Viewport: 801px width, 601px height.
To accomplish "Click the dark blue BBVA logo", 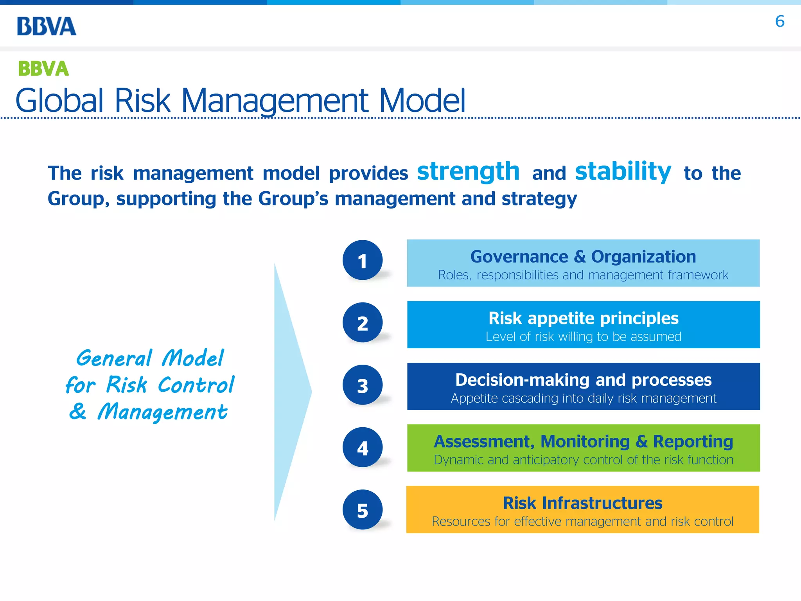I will click(x=47, y=26).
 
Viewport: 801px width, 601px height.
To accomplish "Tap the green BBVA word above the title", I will click(x=43, y=69).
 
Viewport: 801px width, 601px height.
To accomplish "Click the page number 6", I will click(x=779, y=22).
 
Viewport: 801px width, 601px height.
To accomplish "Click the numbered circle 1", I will click(x=363, y=260).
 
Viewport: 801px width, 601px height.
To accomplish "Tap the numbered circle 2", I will click(x=363, y=323).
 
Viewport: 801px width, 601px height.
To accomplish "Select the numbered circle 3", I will click(x=363, y=385).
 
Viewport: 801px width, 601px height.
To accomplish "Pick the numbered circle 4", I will click(x=363, y=447).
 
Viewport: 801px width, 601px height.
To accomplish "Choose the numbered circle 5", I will click(x=363, y=510).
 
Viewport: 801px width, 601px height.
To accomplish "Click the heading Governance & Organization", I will click(x=583, y=257).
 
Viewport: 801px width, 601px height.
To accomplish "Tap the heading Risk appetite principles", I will click(x=583, y=318).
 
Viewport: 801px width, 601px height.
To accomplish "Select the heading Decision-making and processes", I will click(x=583, y=380).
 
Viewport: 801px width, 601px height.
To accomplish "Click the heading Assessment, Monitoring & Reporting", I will click(x=583, y=441).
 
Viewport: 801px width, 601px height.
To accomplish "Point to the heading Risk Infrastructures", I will click(x=582, y=503).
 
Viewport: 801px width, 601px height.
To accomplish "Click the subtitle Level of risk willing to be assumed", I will click(x=583, y=336).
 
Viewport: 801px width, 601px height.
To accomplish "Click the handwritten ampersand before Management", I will click(x=78, y=411).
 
